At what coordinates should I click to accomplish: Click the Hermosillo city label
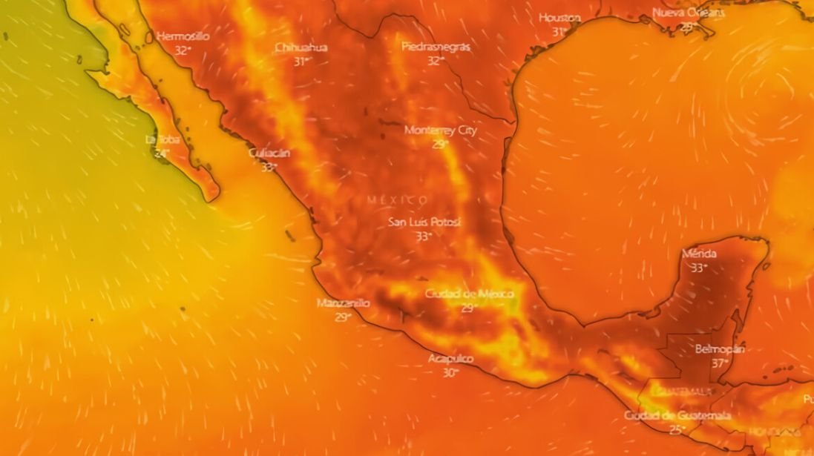[183, 36]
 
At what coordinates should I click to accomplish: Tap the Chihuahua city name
[301, 47]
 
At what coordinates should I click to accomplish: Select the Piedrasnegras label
[436, 47]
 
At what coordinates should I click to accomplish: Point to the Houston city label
[559, 18]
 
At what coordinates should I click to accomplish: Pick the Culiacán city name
[269, 153]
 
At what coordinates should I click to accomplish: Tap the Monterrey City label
[441, 130]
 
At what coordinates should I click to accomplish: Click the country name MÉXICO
[397, 200]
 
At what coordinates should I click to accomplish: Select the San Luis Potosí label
[424, 222]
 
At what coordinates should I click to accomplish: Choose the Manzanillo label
[343, 303]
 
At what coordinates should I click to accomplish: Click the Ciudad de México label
[469, 294]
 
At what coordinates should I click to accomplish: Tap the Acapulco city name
[450, 359]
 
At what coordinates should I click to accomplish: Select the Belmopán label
[720, 348]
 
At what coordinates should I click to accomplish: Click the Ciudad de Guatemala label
[677, 416]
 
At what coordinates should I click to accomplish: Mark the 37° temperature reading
[719, 363]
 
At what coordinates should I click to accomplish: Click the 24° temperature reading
[162, 153]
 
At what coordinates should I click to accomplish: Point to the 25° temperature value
[677, 429]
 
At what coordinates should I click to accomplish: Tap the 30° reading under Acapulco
[450, 373]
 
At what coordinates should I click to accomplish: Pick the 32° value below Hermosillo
[182, 50]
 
